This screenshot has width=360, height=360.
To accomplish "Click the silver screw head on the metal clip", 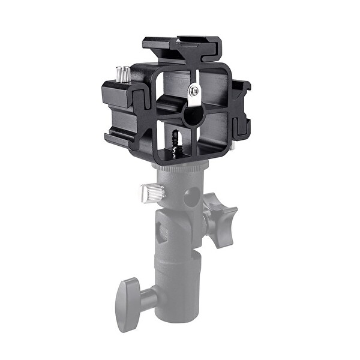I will [193, 91].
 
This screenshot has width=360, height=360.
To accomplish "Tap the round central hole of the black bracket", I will [192, 115].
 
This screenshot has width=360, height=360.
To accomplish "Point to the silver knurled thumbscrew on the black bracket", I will [123, 74].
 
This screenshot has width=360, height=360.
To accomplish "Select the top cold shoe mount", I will [182, 46].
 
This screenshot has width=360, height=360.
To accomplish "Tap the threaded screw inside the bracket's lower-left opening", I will [176, 140].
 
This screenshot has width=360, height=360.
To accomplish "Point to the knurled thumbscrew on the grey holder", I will [152, 193].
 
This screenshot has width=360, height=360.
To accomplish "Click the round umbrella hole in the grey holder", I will [190, 197].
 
